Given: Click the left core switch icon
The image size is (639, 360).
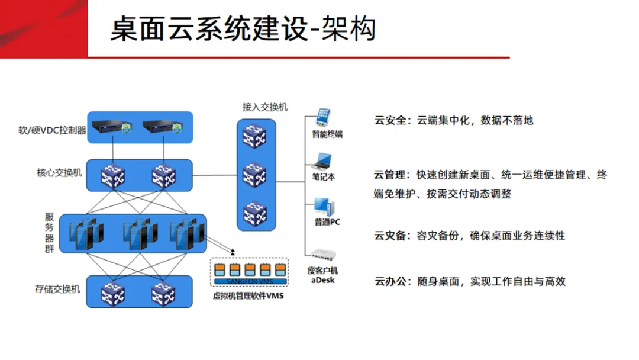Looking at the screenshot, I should tap(112, 175).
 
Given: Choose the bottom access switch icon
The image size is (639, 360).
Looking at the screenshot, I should tap(254, 213).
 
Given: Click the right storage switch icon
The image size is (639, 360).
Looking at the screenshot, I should tap(164, 291).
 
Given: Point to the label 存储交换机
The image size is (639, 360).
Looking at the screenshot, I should tap(57, 290).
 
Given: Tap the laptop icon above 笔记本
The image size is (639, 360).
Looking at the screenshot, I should tap(323, 161).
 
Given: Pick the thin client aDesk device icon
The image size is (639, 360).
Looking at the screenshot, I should tap(323, 255).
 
